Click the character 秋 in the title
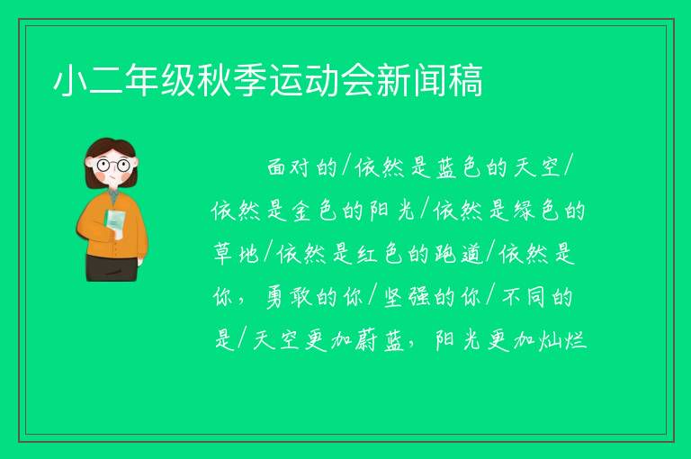click(x=214, y=80)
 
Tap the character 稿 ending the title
click(x=466, y=80)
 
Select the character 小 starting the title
click(x=69, y=80)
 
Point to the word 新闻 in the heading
click(x=412, y=80)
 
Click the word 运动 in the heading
click(x=304, y=80)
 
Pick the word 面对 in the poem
click(x=289, y=167)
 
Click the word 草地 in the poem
click(x=236, y=254)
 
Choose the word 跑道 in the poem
click(x=459, y=254)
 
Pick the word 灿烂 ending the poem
click(x=563, y=340)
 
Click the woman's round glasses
click(x=113, y=166)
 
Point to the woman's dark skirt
click(x=112, y=267)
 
